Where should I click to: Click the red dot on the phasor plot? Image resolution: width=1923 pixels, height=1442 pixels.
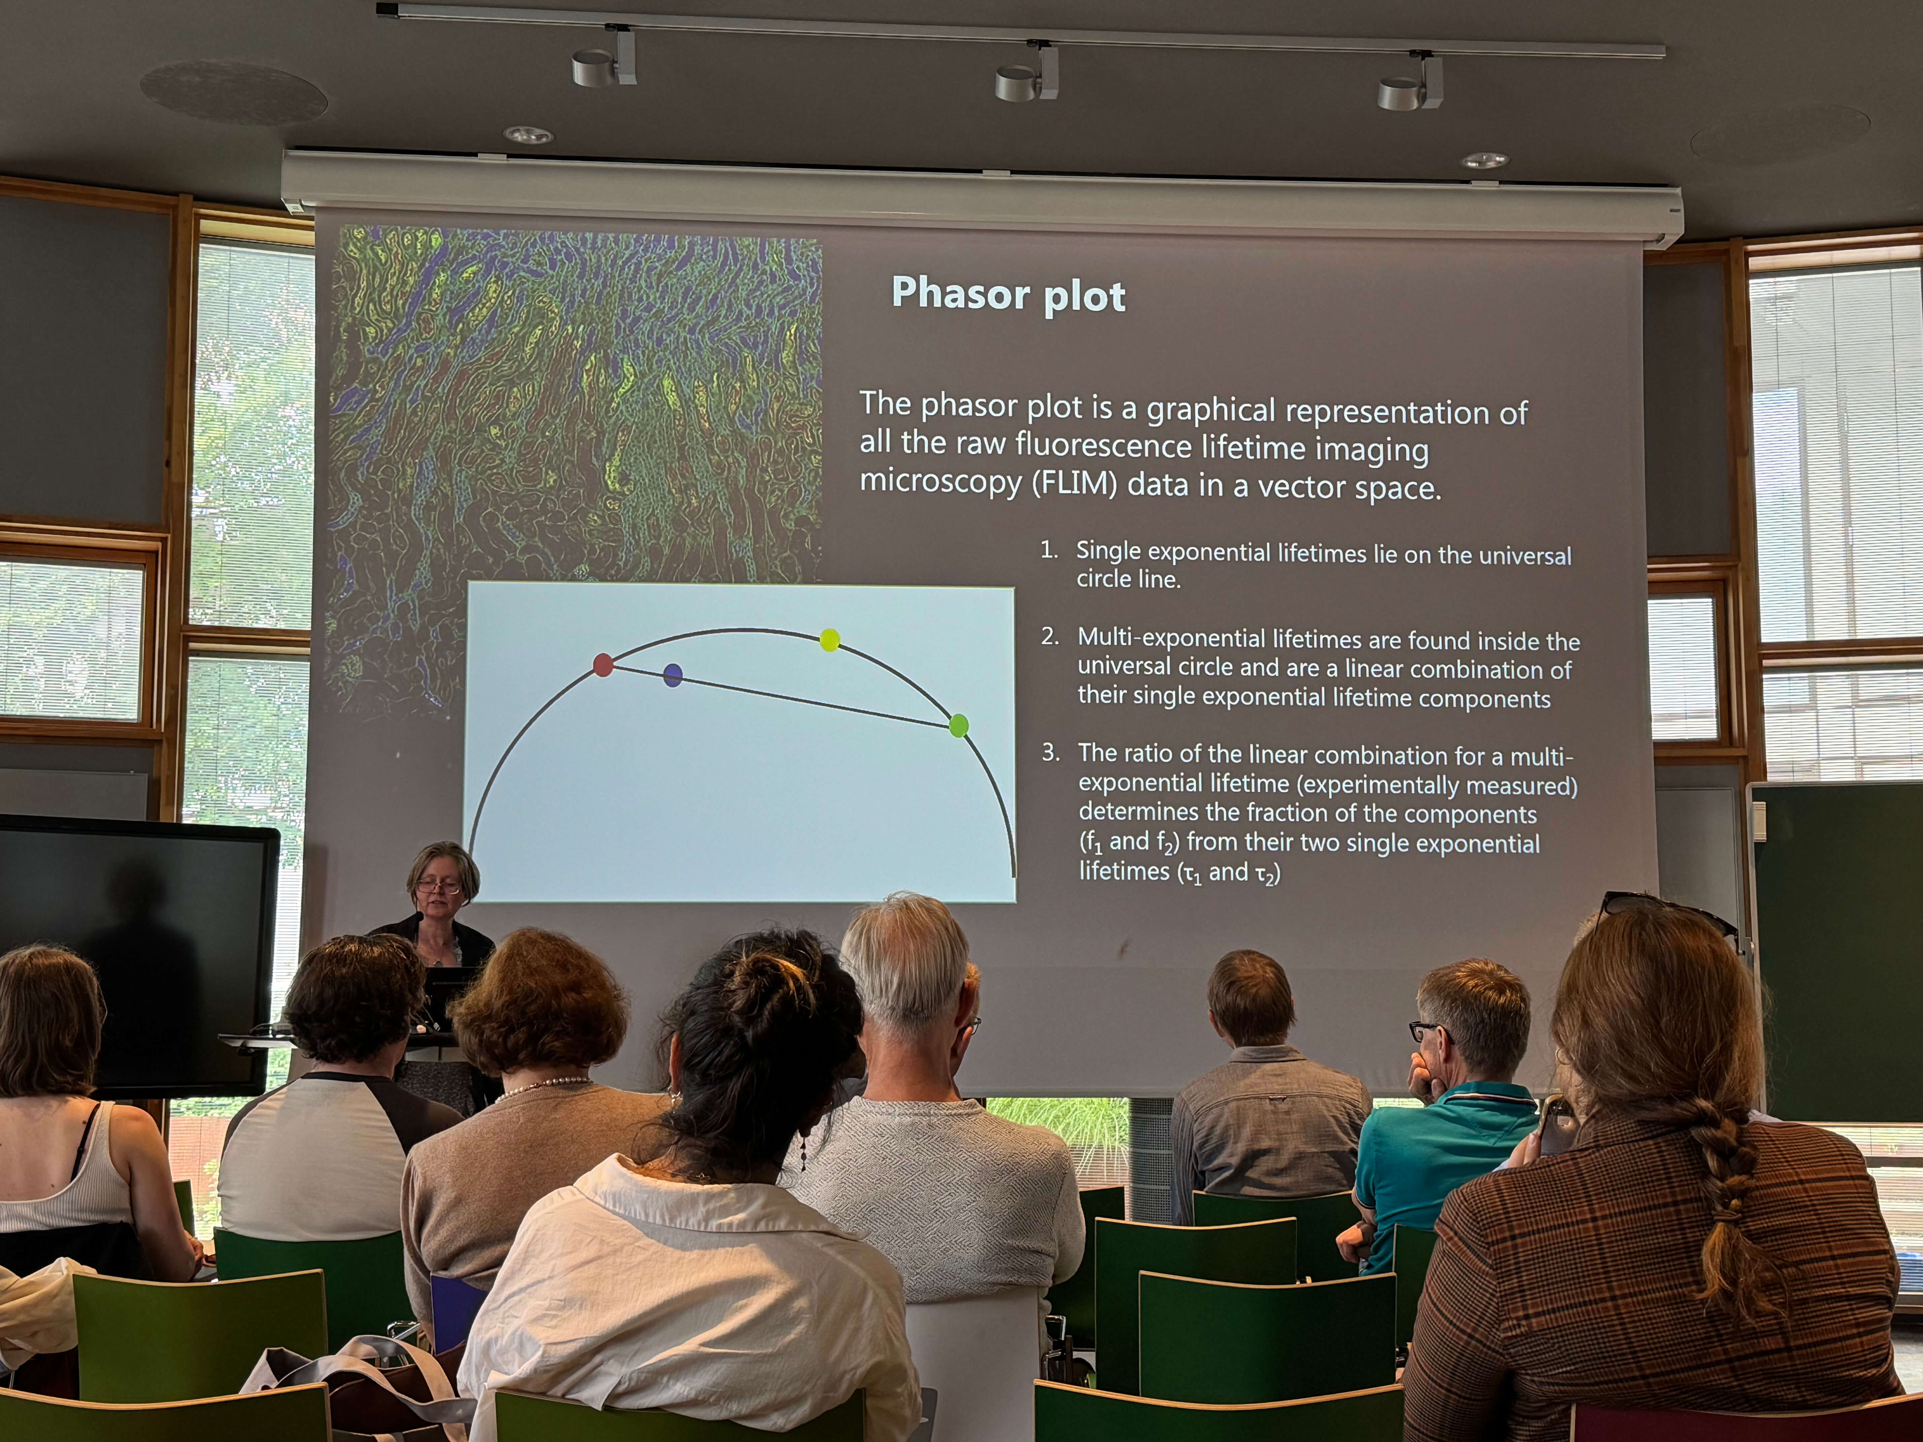[x=603, y=665]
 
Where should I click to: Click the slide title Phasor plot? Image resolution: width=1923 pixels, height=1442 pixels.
[x=1008, y=295]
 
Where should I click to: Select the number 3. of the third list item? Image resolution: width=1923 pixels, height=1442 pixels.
[x=1051, y=752]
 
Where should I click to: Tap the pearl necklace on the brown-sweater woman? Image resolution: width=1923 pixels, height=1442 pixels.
[x=539, y=1087]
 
